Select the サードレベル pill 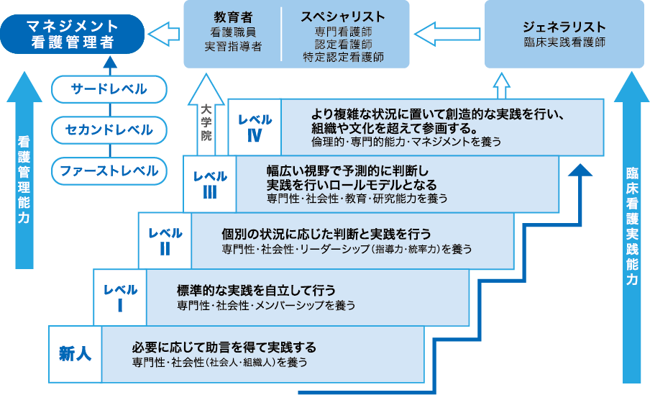(109, 89)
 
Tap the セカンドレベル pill (109, 130)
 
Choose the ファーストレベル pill (109, 171)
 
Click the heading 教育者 (232, 15)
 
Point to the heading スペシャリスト (343, 15)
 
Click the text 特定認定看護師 (343, 56)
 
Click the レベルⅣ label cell (255, 127)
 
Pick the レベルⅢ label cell (210, 183)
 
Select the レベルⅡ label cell (165, 240)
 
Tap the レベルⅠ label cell (120, 296)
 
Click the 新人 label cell (75, 353)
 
